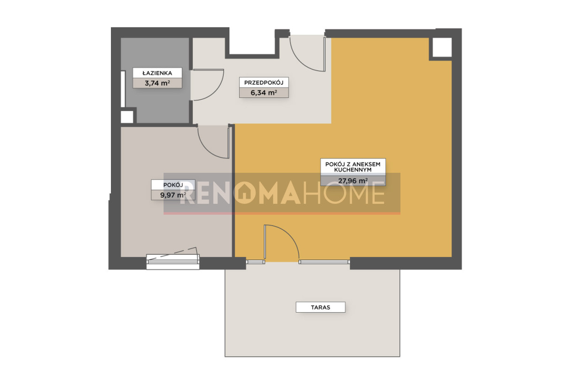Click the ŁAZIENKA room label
(157, 73)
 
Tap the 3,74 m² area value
(157, 83)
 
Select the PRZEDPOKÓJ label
(264, 82)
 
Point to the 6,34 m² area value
(264, 93)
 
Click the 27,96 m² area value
(353, 181)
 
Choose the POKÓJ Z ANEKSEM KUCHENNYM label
(353, 167)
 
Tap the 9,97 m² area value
(173, 195)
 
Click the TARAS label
(320, 307)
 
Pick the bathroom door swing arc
(215, 91)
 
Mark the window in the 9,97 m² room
(173, 262)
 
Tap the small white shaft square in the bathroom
(127, 117)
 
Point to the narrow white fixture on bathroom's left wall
(123, 89)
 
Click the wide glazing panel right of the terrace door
(324, 262)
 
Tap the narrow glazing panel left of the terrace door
(255, 262)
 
